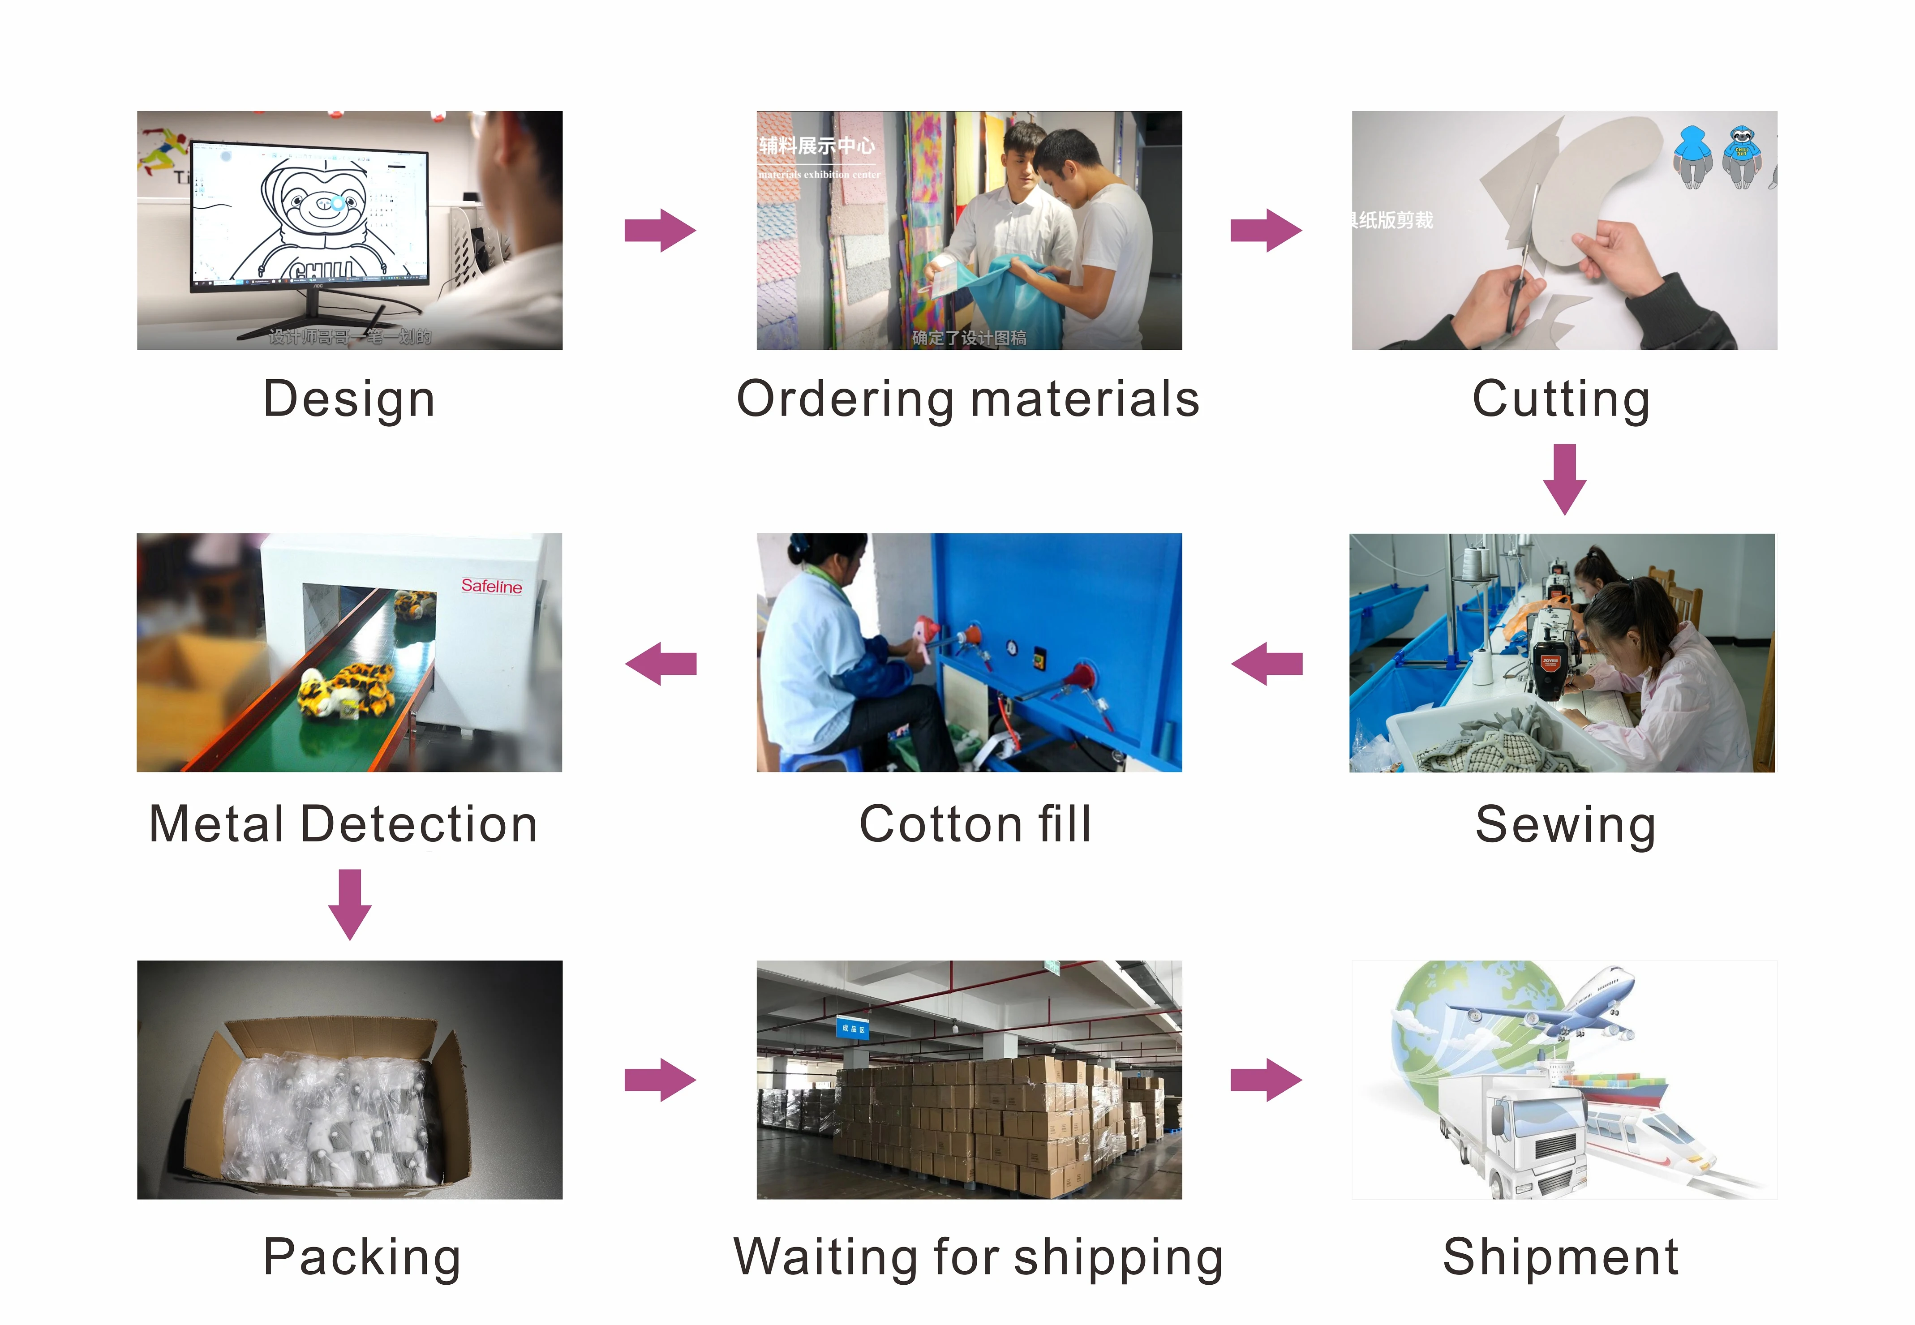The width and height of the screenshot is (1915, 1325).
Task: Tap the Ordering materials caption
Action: click(x=968, y=399)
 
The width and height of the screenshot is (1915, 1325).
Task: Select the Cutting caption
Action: click(x=1561, y=399)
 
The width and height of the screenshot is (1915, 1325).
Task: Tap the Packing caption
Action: click(x=362, y=1257)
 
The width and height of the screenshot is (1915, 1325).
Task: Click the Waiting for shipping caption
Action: click(x=978, y=1257)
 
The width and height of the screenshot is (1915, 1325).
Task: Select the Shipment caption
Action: click(x=1561, y=1257)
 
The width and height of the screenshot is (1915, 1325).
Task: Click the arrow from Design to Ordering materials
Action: click(x=660, y=230)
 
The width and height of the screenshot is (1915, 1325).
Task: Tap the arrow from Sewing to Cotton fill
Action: click(x=1267, y=663)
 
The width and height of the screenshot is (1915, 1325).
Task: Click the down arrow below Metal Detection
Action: click(x=349, y=904)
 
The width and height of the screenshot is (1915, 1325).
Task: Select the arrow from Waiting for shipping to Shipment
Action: click(x=1266, y=1079)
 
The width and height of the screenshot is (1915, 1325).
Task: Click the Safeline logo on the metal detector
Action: click(x=491, y=586)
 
